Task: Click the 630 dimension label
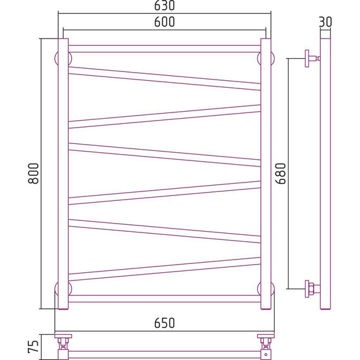[x=164, y=6]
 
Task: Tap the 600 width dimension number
[x=164, y=22]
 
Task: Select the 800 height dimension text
[x=33, y=173]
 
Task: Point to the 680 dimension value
[x=280, y=173]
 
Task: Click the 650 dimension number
[x=164, y=323]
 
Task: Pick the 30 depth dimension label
[x=325, y=22]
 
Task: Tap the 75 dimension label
[x=33, y=347]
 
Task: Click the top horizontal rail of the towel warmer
[x=164, y=49]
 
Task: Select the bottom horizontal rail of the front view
[x=164, y=299]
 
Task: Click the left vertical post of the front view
[x=63, y=174]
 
